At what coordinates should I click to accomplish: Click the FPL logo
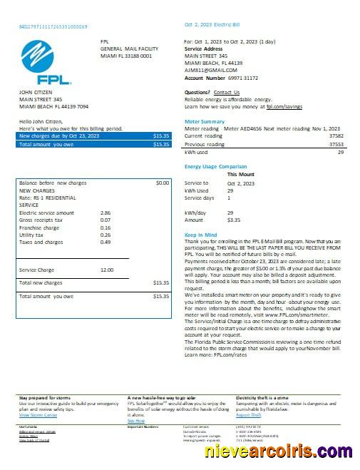tap(43, 62)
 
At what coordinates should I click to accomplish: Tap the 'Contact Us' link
tap(227, 92)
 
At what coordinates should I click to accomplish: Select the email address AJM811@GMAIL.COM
tap(211, 70)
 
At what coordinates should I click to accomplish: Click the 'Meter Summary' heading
tap(204, 121)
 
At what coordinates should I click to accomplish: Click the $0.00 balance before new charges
tap(162, 183)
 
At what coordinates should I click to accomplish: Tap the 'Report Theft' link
tap(249, 414)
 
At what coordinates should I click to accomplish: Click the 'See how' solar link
tap(135, 421)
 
